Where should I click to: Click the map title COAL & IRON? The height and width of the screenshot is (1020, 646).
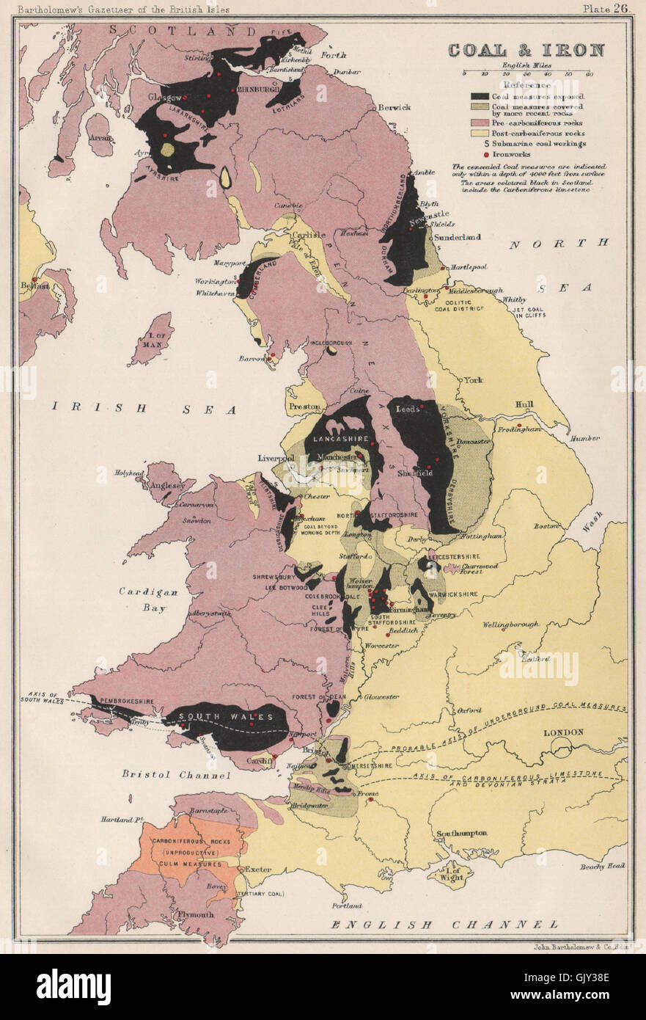pyautogui.click(x=526, y=50)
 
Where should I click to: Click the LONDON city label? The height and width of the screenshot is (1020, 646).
pyautogui.click(x=562, y=732)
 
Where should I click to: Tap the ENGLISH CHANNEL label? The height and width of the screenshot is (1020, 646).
pyautogui.click(x=444, y=925)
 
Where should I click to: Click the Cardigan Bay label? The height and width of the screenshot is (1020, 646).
pyautogui.click(x=144, y=598)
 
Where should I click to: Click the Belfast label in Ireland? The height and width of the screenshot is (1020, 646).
pyautogui.click(x=34, y=285)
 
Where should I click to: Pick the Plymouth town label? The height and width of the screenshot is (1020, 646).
pyautogui.click(x=193, y=914)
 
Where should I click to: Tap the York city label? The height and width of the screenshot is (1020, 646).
pyautogui.click(x=471, y=380)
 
